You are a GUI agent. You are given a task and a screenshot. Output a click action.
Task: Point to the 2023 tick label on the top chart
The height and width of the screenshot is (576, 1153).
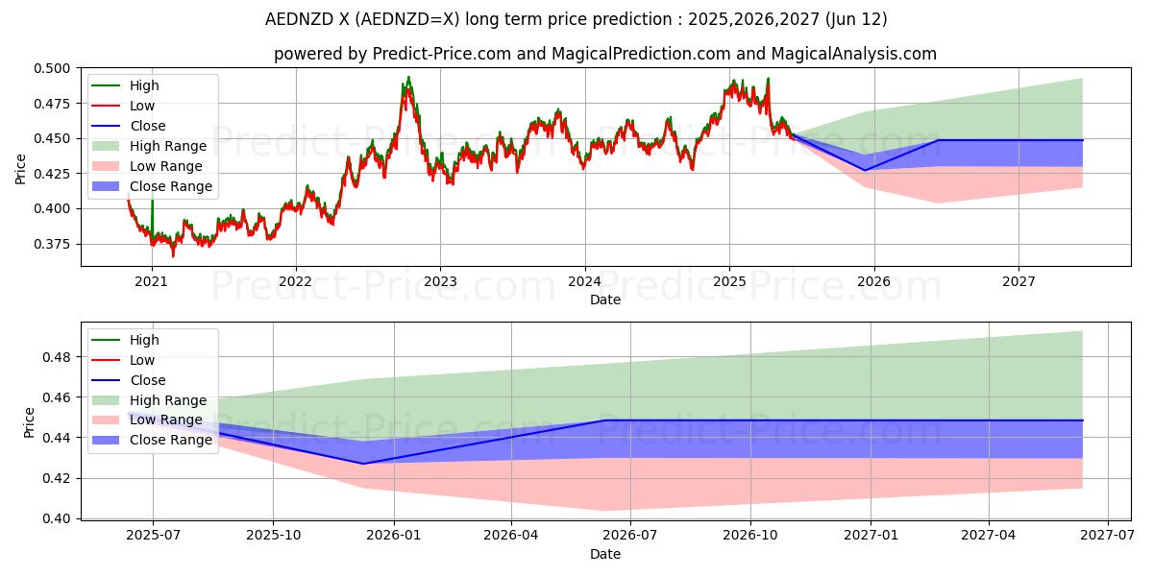point(440,281)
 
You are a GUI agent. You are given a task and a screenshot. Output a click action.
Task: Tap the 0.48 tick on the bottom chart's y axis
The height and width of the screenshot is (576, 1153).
point(61,357)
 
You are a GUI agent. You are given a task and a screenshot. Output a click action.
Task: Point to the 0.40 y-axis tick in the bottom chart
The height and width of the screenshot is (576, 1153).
point(61,518)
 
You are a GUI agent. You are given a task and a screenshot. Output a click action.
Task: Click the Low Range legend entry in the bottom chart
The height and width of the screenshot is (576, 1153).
point(167,420)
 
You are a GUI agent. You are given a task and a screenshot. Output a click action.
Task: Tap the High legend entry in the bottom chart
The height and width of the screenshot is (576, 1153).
point(144,340)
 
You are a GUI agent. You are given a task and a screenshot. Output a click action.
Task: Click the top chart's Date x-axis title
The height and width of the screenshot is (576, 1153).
point(605,300)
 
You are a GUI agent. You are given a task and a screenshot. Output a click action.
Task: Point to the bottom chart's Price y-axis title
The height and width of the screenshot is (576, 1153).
point(29,422)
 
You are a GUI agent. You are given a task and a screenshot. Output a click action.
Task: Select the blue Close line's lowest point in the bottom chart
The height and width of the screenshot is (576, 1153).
point(363,464)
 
